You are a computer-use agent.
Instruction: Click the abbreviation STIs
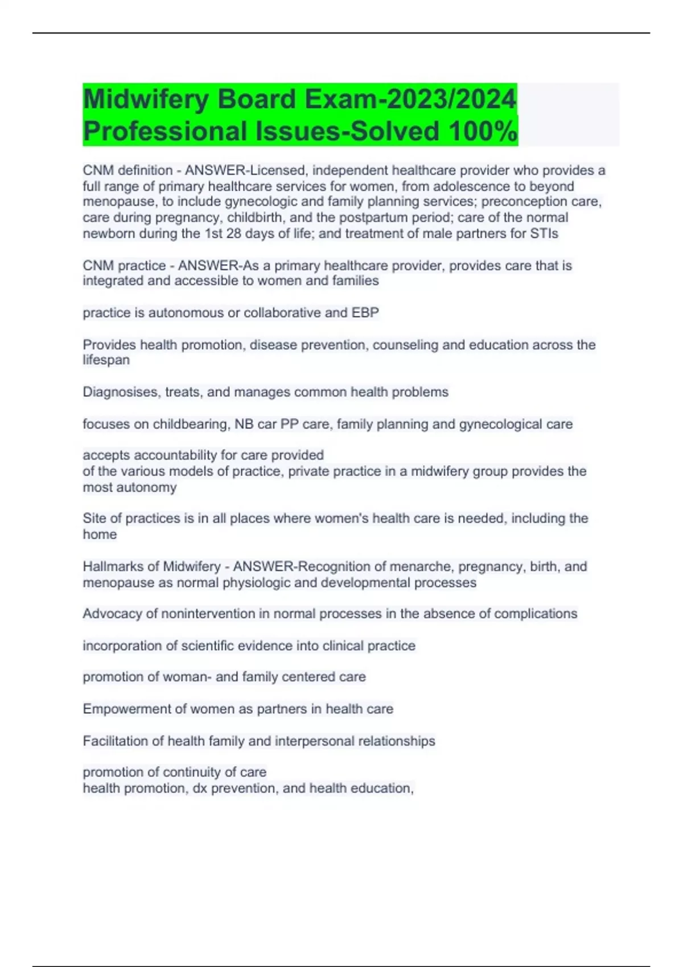click(x=544, y=234)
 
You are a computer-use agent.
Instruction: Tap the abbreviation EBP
click(x=365, y=313)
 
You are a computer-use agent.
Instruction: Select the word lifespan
click(x=106, y=360)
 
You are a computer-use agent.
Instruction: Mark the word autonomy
click(x=149, y=487)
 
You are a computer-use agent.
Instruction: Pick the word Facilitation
click(x=115, y=741)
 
